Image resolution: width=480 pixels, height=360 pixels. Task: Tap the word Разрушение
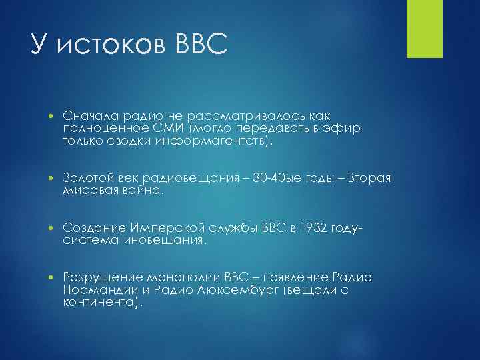tap(99, 277)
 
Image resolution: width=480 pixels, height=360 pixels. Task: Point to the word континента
tap(100, 303)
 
